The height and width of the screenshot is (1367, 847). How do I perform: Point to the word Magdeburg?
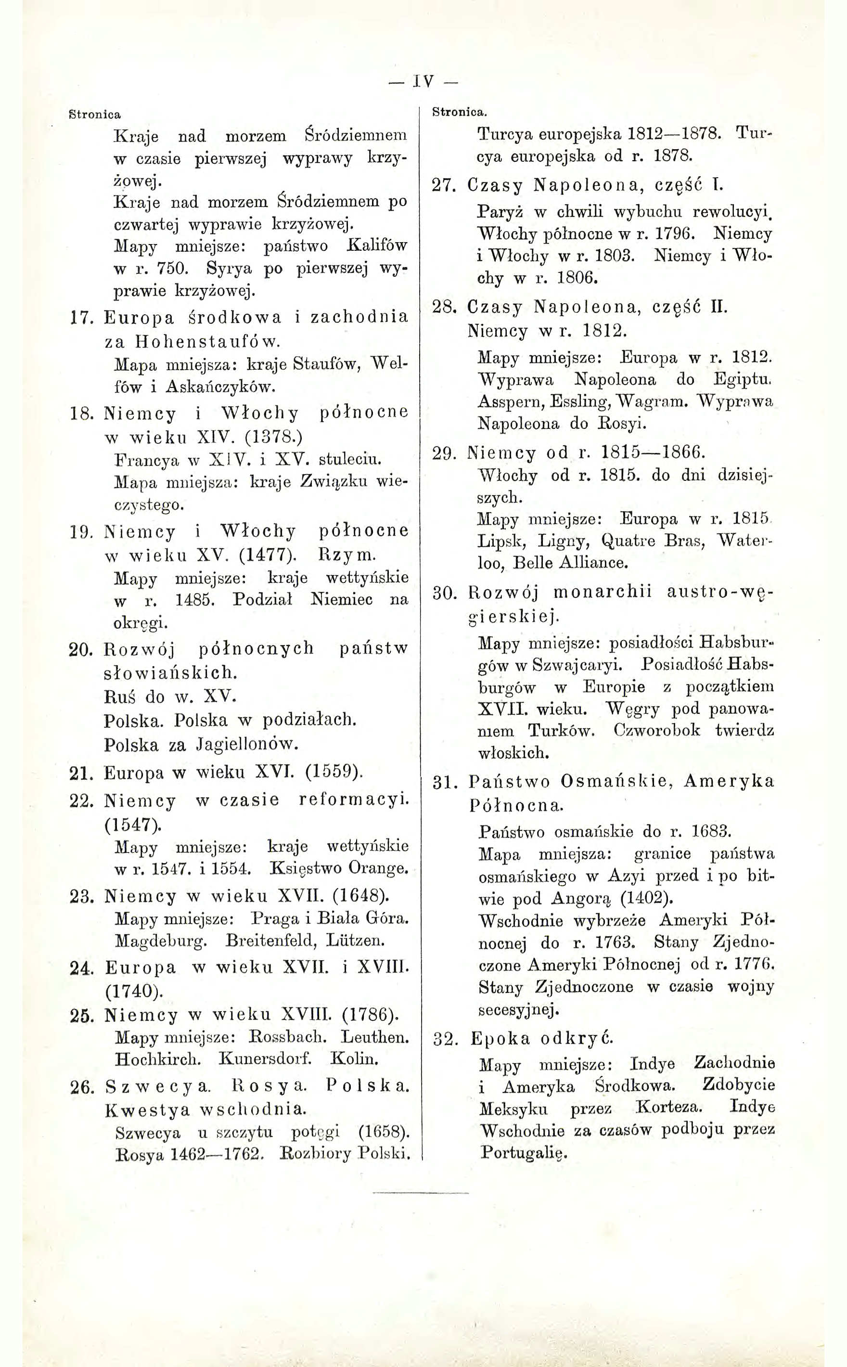pyautogui.click(x=161, y=941)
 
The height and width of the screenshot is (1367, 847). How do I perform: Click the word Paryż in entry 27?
pyautogui.click(x=499, y=212)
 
